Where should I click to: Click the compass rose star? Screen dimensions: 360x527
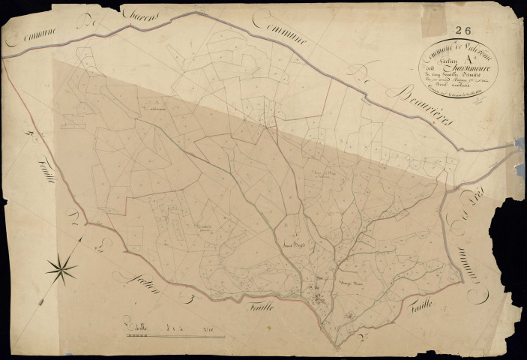61,265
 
